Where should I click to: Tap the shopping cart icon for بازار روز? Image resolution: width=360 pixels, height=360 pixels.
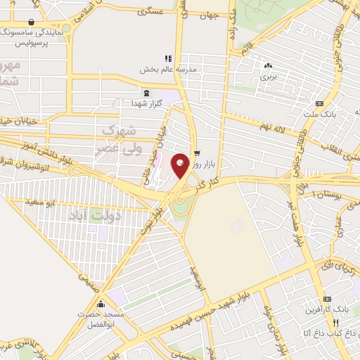pyautogui.click(x=197, y=151)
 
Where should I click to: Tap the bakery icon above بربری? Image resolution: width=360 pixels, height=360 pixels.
pyautogui.click(x=266, y=63)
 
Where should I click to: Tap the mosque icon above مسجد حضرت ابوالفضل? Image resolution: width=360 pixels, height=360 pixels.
pyautogui.click(x=102, y=304)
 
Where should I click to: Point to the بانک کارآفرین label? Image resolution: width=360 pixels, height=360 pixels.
pyautogui.click(x=327, y=309)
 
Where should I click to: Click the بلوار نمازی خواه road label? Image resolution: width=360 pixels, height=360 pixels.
pyautogui.click(x=276, y=330)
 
